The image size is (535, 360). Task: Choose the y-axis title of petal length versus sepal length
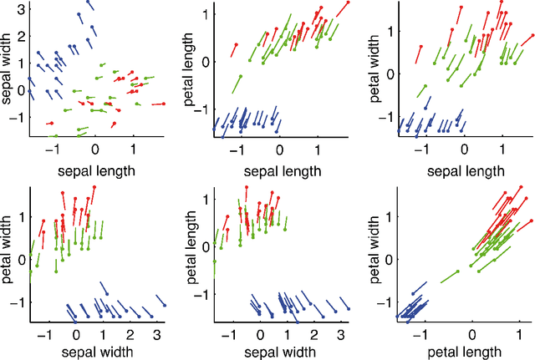point(189,68)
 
